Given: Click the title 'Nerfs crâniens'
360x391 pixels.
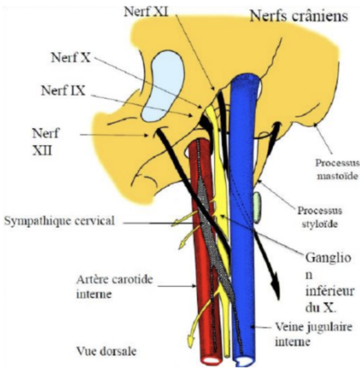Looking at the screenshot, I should (x=298, y=16).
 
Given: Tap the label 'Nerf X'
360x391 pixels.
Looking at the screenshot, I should (x=71, y=57).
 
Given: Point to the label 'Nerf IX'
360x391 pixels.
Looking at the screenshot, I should (x=63, y=90).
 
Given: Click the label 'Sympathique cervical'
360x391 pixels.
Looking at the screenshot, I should (x=59, y=221).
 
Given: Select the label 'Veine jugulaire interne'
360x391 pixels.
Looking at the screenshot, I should (x=299, y=335).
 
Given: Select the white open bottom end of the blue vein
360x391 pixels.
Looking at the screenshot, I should (x=244, y=360).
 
